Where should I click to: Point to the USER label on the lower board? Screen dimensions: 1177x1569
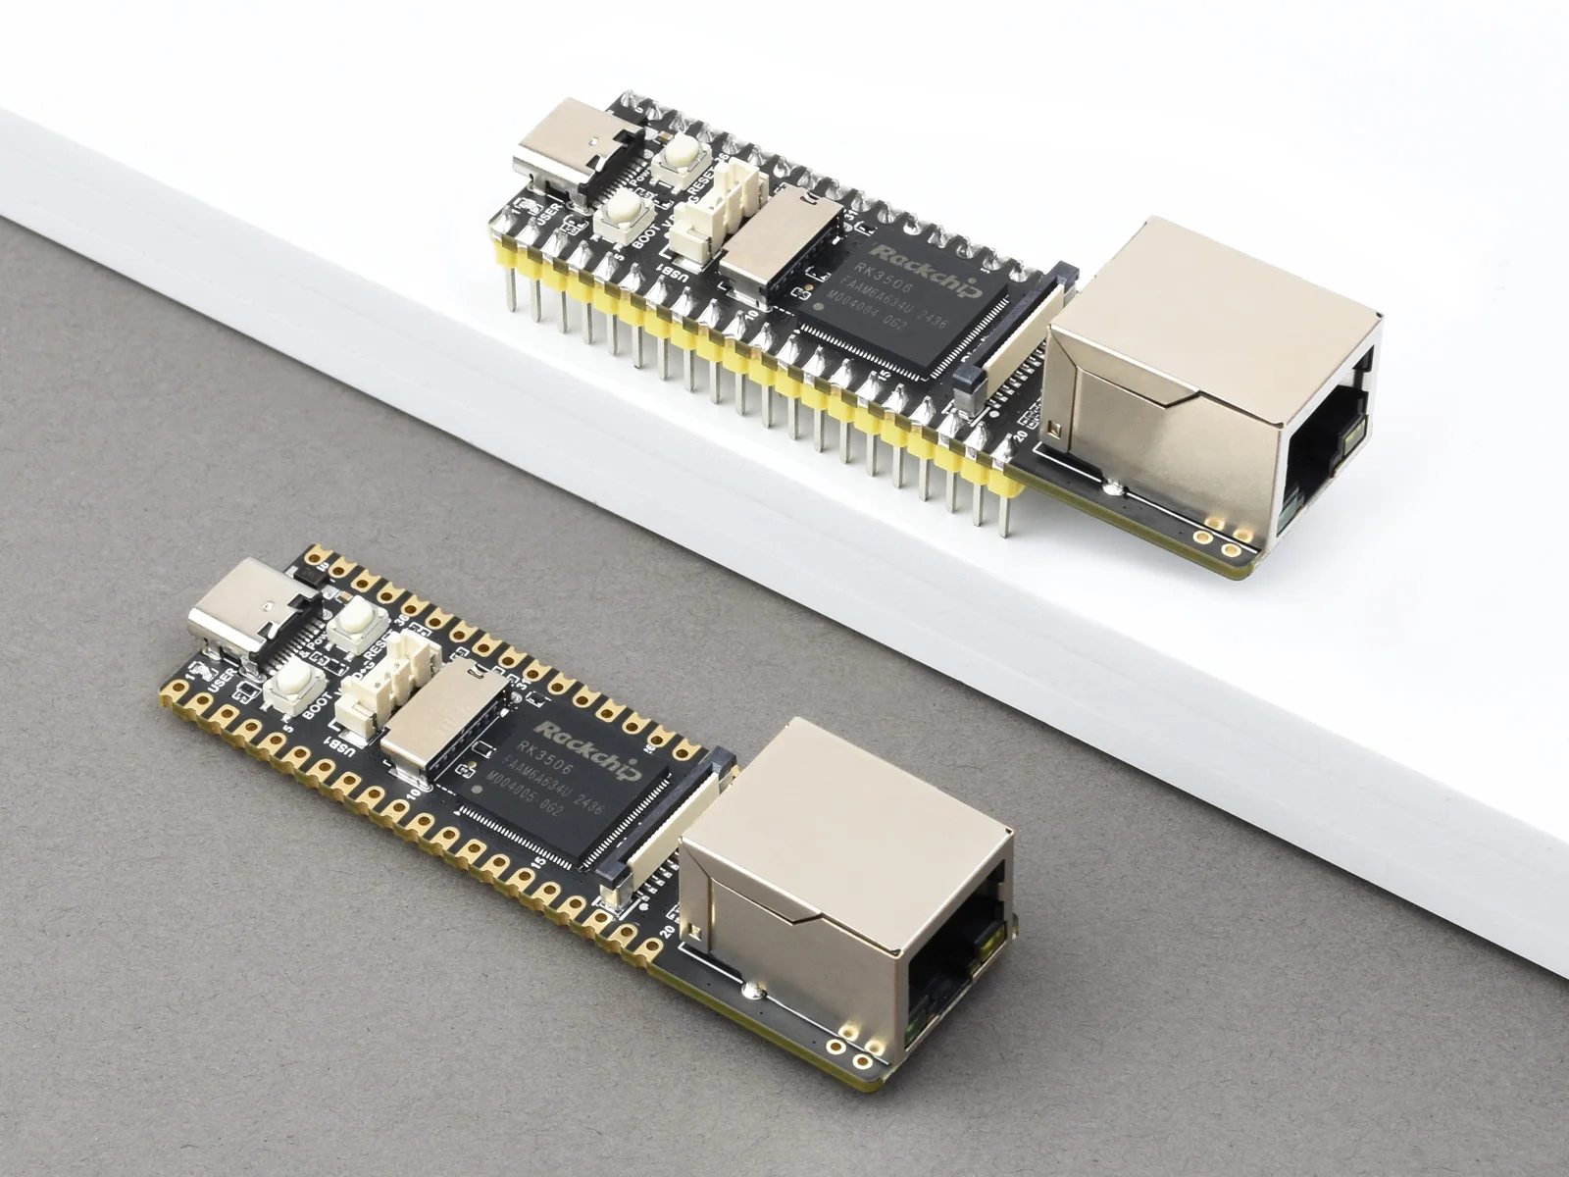[221, 676]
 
